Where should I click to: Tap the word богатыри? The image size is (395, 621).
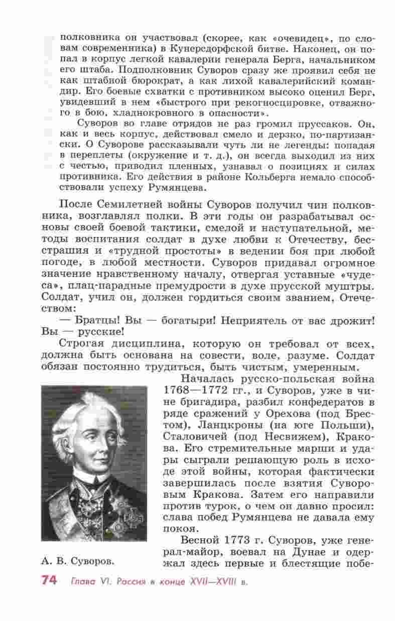pyautogui.click(x=175, y=320)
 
